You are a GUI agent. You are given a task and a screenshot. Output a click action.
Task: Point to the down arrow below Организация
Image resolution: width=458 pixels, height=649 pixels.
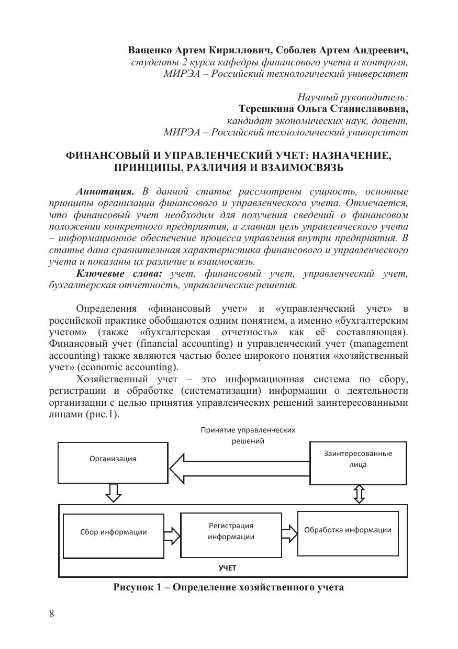click(114, 493)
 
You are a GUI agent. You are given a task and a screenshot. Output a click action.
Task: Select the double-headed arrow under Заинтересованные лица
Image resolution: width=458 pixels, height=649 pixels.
click(359, 493)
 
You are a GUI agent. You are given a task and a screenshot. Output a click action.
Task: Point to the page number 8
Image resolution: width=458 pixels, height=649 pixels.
click(51, 614)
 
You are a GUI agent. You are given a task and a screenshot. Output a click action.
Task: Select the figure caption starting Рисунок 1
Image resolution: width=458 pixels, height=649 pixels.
click(229, 587)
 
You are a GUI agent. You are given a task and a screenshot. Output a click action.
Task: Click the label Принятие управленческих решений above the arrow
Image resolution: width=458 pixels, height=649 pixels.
click(248, 435)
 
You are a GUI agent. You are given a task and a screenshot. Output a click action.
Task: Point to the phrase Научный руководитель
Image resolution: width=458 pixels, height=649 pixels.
click(352, 97)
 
